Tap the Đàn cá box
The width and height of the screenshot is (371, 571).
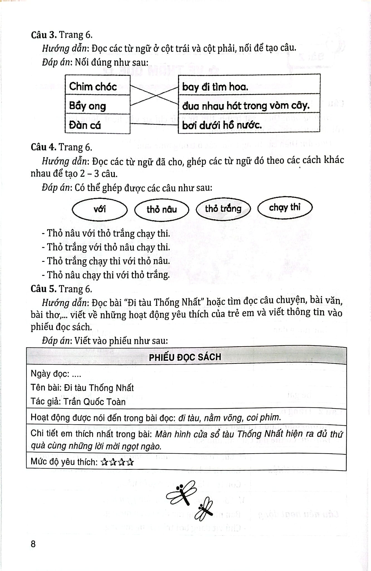pos(97,124)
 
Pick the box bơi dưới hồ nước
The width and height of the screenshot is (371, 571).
pos(249,125)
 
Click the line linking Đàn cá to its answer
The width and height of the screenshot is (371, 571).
pos(154,124)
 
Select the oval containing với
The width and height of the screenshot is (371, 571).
pos(100,209)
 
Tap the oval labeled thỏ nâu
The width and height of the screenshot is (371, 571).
pos(162,209)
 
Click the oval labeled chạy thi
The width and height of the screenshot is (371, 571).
pos(285,207)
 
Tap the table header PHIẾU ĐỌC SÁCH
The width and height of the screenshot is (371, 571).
pos(185,357)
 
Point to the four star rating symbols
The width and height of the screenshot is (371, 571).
pos(117,463)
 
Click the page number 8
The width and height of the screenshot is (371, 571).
pos(33,544)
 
